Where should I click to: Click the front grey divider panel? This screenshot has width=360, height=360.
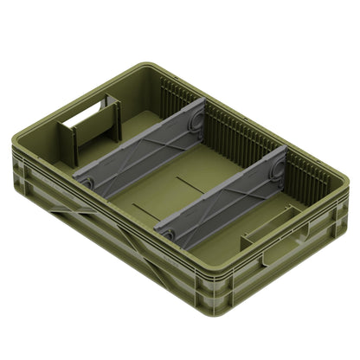tap(221, 192)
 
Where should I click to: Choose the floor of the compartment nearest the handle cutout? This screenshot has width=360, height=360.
tap(130, 130)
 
